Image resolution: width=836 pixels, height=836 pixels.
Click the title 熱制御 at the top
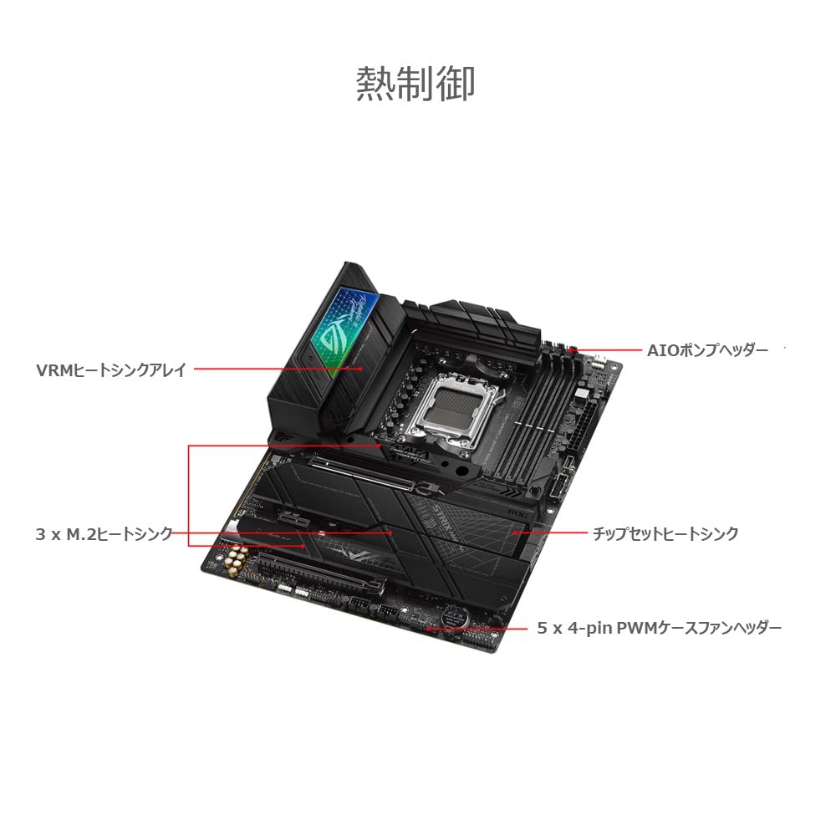[x=415, y=84]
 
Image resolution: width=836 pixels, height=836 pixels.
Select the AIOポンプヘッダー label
[x=706, y=349]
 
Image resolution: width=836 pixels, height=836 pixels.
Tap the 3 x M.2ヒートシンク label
[x=104, y=533]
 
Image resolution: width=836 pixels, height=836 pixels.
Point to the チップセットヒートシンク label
[x=665, y=533]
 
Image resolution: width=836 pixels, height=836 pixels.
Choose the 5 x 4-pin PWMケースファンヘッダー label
[x=660, y=627]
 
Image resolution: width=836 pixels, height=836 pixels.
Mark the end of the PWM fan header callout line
[x=428, y=627]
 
